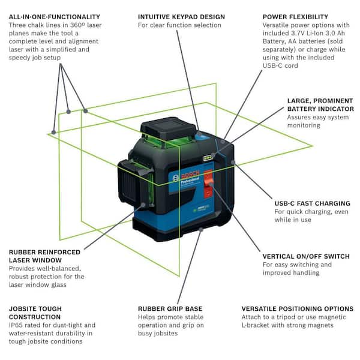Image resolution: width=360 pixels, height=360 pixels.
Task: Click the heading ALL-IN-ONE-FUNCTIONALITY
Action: click(55, 17)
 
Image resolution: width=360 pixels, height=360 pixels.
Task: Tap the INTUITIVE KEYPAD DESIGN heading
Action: click(181, 17)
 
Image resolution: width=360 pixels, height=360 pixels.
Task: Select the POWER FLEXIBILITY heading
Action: click(295, 17)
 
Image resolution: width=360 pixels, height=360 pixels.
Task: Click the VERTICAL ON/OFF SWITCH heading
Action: click(305, 256)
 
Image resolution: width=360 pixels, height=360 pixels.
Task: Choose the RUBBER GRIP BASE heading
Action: click(170, 308)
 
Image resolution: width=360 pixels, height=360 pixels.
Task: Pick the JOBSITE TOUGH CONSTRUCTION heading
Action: click(35, 313)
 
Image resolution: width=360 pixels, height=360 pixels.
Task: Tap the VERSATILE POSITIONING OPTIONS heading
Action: click(297, 308)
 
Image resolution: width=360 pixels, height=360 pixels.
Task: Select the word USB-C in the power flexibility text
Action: click(273, 66)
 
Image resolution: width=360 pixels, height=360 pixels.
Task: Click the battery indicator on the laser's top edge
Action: click(208, 158)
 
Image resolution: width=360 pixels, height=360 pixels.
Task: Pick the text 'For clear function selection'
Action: click(179, 25)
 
